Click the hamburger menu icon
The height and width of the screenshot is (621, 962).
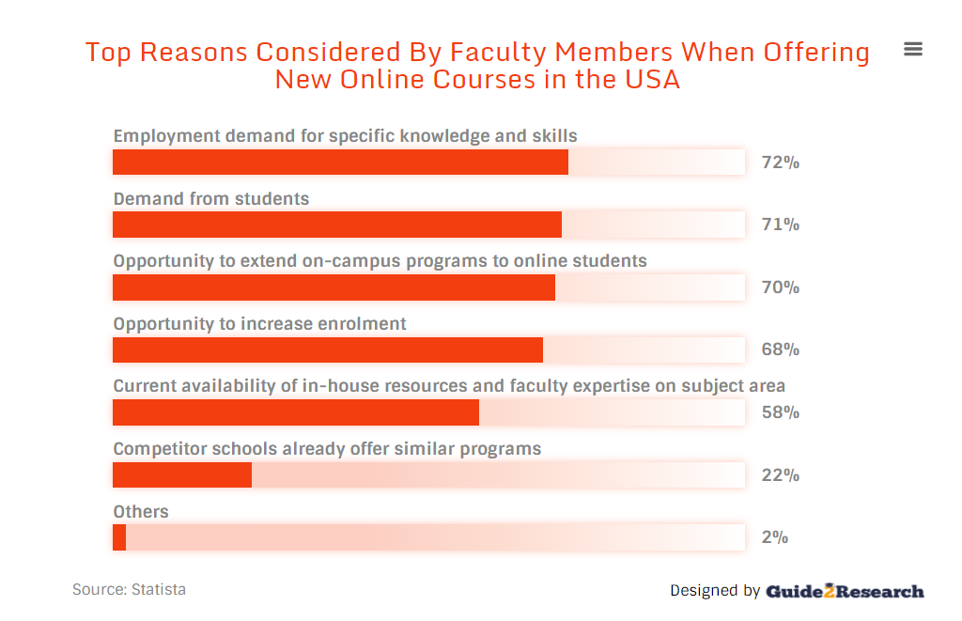(912, 49)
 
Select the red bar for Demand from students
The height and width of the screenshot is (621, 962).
(336, 225)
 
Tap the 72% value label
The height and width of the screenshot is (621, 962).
(780, 163)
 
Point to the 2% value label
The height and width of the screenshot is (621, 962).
(774, 537)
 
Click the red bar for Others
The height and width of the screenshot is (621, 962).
(119, 537)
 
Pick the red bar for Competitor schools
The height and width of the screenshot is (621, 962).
(182, 474)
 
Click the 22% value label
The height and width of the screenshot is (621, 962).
(780, 475)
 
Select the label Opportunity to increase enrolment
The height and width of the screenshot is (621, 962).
(259, 324)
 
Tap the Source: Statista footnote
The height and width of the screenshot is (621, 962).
(129, 590)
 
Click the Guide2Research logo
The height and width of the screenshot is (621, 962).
(845, 591)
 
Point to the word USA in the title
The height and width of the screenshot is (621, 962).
(652, 80)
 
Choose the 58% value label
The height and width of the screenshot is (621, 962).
(780, 412)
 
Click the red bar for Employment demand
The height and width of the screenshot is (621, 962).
(340, 163)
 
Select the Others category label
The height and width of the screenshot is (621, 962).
(141, 512)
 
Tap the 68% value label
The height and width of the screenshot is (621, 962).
(780, 349)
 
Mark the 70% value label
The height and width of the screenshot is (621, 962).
(780, 287)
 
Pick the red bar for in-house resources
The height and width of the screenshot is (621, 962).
(296, 412)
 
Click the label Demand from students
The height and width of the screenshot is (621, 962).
(211, 199)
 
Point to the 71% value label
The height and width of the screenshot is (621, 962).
(780, 225)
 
